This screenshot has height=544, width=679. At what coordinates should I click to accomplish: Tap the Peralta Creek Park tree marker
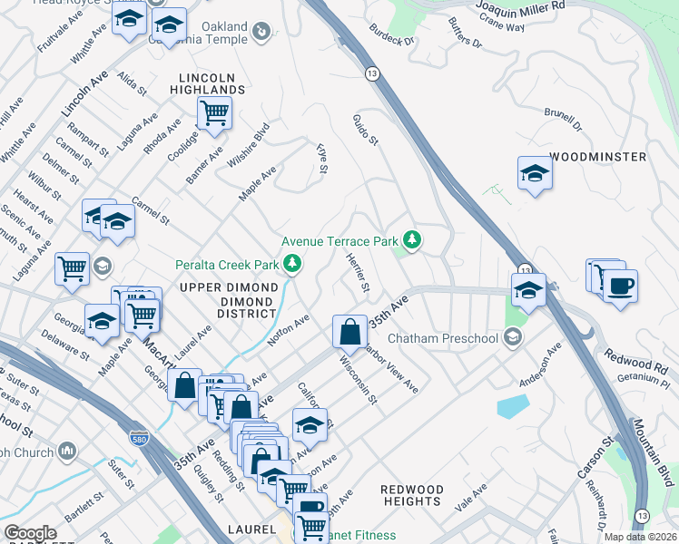(292, 264)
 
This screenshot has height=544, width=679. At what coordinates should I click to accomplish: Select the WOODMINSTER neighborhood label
(598, 157)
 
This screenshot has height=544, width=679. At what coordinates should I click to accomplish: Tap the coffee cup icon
(621, 287)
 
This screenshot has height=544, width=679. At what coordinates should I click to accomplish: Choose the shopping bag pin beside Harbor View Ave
(349, 334)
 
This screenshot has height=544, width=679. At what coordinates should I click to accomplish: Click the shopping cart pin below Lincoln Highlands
(214, 114)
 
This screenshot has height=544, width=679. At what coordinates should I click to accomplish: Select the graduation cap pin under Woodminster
(536, 173)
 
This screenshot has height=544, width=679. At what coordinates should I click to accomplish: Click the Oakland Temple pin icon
(261, 33)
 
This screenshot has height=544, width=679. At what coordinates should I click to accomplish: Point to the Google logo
(29, 533)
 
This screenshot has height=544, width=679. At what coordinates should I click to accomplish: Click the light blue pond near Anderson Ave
(512, 405)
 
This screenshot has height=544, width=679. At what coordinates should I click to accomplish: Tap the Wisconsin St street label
(358, 382)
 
